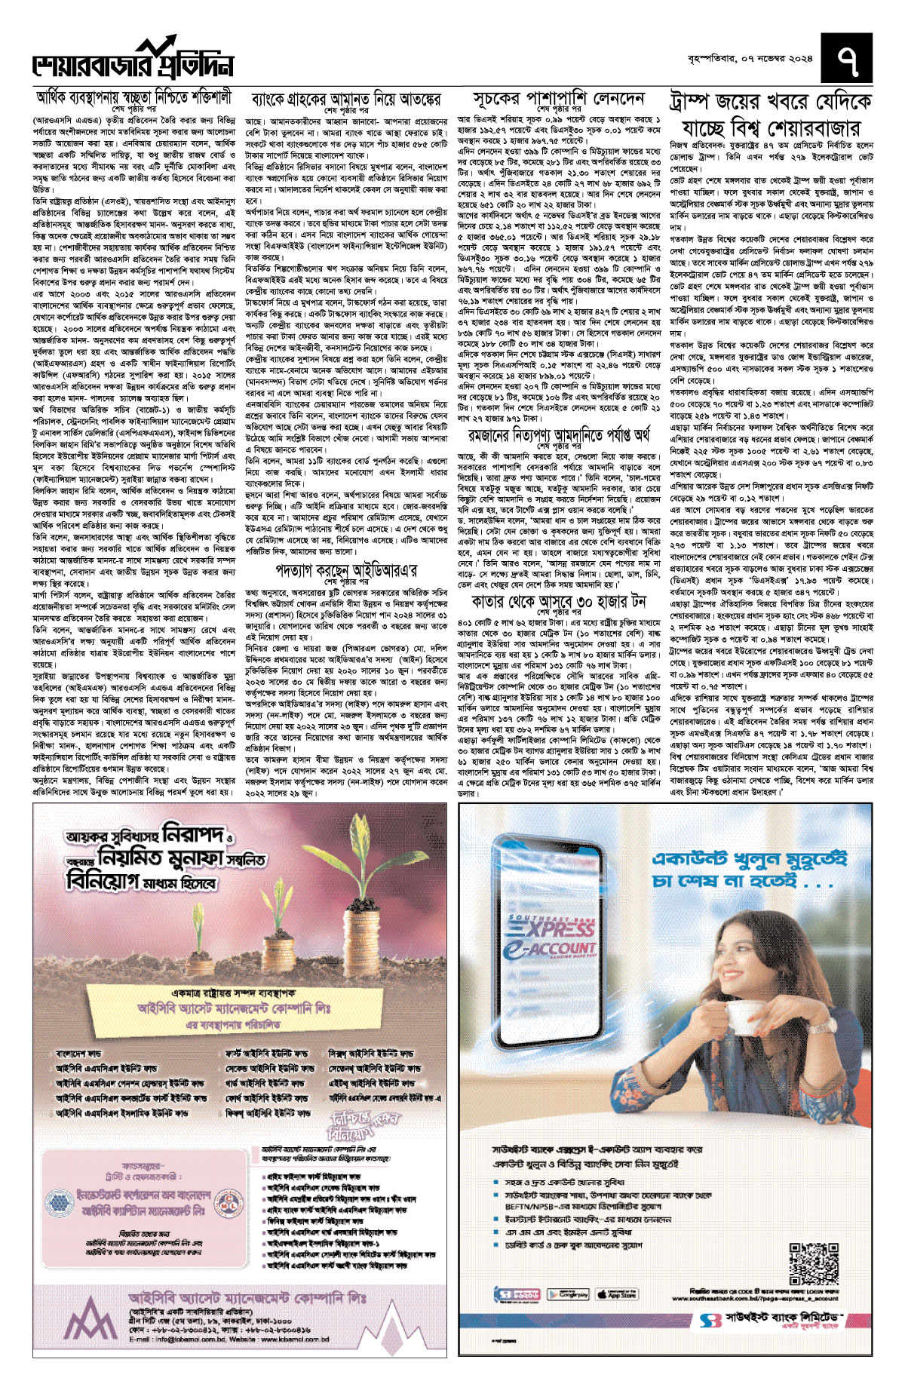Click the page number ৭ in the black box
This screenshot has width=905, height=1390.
coord(848,61)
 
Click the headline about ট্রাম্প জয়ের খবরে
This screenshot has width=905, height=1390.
coord(771,114)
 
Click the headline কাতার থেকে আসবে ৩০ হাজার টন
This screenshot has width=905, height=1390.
coord(559,601)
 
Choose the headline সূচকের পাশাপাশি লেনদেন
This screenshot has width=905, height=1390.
coord(559,99)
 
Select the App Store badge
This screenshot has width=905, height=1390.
coord(616,1294)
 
